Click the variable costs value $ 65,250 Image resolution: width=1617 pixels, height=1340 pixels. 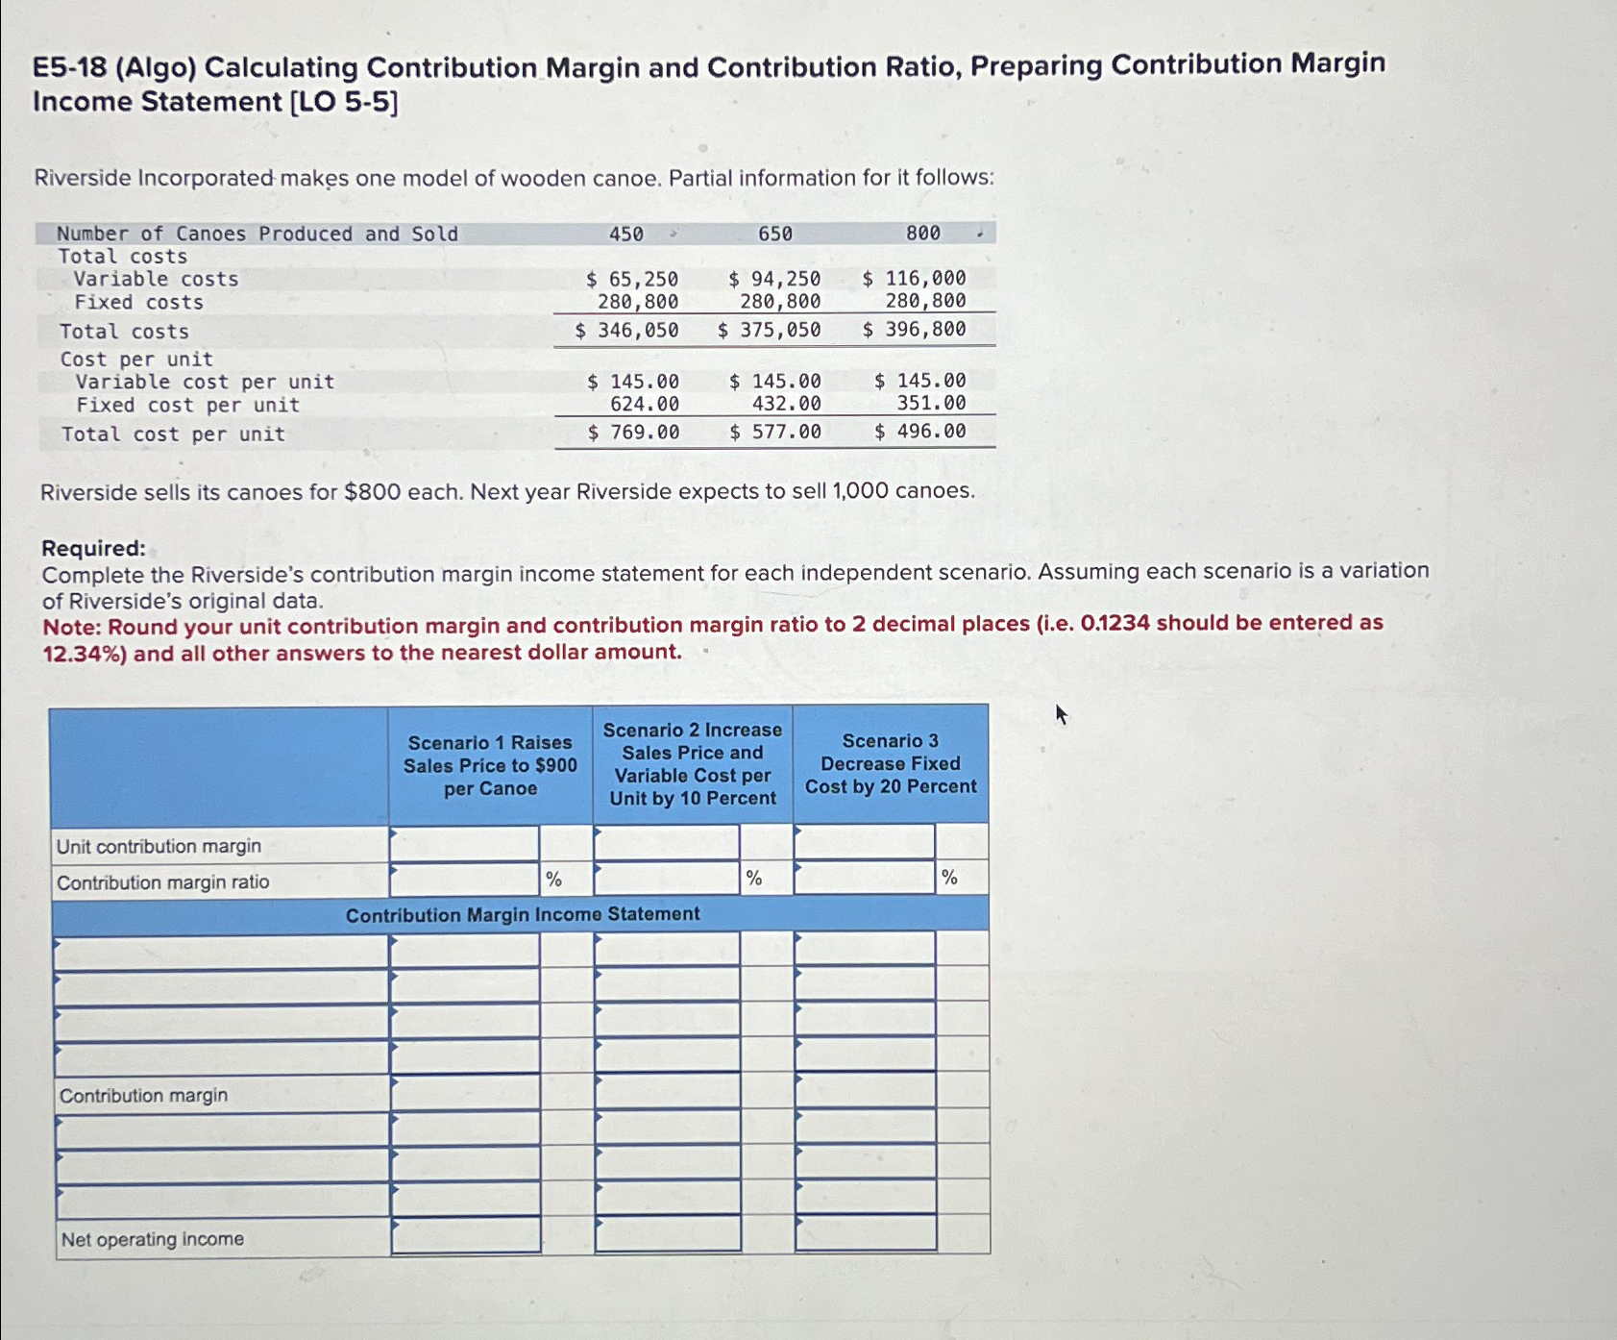632,279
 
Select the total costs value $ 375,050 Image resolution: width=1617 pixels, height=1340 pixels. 770,330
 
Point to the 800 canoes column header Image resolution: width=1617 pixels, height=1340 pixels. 923,233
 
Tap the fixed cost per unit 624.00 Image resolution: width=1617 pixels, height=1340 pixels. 645,405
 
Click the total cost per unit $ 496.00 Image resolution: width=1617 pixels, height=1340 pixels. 919,432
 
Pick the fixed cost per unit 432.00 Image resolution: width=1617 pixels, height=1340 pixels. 786,405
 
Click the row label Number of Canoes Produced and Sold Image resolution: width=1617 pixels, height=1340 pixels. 257,234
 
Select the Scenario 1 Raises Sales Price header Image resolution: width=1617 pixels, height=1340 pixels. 490,765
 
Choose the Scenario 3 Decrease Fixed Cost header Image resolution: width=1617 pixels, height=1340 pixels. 891,763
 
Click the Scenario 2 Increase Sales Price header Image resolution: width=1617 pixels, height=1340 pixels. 692,764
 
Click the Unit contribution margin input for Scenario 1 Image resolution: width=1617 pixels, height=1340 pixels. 464,844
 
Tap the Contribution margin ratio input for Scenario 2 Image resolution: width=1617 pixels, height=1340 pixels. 666,878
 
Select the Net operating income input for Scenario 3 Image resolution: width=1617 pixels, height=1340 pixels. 865,1233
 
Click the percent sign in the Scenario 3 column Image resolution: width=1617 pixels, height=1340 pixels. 949,877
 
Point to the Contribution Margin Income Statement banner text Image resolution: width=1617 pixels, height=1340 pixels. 523,914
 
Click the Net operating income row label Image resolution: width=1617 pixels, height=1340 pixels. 153,1239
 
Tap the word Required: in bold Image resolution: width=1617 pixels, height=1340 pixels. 93,548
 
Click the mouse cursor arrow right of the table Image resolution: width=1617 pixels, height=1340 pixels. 1062,714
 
